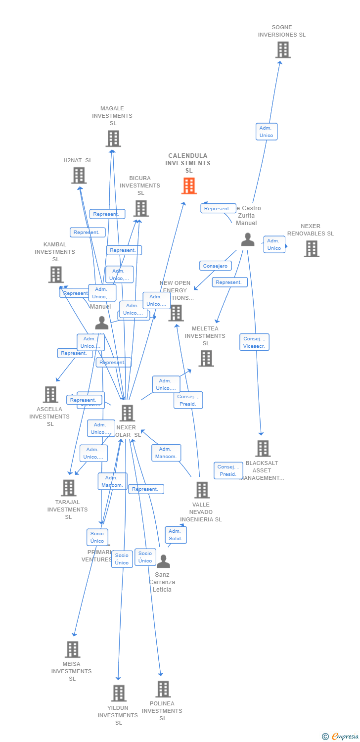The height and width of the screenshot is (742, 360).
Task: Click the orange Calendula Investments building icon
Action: pos(189,186)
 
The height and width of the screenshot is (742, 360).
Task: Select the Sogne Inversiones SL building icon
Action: pos(283,50)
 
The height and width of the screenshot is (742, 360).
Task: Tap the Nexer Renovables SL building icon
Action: pos(312,249)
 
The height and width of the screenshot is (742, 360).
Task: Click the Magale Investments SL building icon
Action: pos(113,139)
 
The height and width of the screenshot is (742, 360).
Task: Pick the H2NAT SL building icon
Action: pos(79,176)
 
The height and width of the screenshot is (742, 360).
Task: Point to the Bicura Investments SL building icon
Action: pos(141,208)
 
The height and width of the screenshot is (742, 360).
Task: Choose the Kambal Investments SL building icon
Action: pos(56,275)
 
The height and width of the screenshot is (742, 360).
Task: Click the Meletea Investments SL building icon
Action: pos(206,358)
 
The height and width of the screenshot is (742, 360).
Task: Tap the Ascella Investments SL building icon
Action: pos(50,394)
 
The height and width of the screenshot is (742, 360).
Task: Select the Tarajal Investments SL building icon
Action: pos(69,488)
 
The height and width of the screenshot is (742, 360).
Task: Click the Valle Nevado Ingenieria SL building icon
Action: pos(202,490)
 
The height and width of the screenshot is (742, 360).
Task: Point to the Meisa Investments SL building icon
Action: pos(73,649)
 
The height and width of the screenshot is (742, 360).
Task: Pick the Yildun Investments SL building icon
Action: pos(119,693)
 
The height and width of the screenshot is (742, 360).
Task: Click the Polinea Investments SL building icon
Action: pos(163,689)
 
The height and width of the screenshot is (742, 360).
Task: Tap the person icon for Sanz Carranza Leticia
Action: pos(163,561)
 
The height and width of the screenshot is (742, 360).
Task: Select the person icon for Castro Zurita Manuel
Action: pos(248,240)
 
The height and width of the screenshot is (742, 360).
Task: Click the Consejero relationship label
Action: pos(215,266)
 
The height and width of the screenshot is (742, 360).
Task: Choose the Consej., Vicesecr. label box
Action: pos(255,342)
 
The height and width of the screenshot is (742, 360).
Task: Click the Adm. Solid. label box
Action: pos(176,535)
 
